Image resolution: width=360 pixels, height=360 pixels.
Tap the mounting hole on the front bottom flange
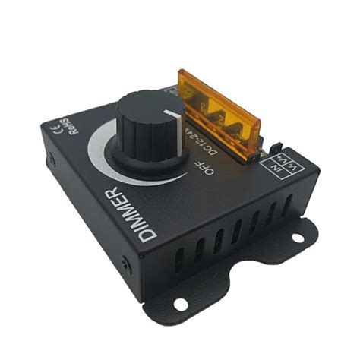tap(181, 305)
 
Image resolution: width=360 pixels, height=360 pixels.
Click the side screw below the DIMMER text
tap(126, 265)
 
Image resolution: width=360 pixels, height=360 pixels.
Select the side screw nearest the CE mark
tap(50, 162)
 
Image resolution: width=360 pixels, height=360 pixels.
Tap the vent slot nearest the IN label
tap(288, 205)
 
